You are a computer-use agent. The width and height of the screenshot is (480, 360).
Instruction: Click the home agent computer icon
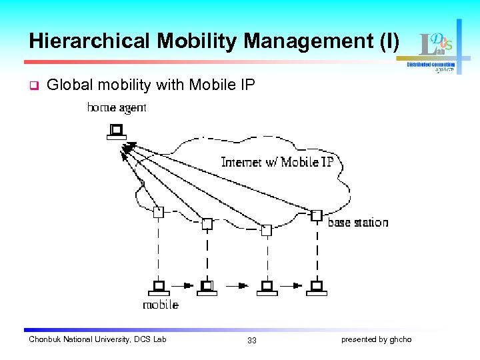[x=117, y=131]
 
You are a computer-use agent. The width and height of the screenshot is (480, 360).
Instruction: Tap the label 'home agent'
[x=117, y=107]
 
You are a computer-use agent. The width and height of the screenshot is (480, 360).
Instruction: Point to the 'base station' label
[x=357, y=222]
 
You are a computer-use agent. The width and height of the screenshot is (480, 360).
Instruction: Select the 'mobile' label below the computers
[x=161, y=305]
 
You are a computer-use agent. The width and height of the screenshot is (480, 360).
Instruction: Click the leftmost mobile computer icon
[x=158, y=287]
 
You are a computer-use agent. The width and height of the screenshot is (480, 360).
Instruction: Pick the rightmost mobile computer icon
[x=317, y=287]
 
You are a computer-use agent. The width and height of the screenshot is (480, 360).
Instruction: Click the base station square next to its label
[x=317, y=215]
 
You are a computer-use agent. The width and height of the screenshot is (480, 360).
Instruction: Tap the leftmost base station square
[x=158, y=212]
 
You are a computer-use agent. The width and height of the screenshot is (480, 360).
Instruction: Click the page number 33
[x=252, y=341]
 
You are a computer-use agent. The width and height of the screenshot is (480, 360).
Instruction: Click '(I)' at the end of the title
[x=389, y=41]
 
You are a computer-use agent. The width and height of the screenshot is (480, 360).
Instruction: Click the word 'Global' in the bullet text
[x=67, y=85]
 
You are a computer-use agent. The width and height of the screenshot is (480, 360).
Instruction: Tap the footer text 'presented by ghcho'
[x=376, y=340]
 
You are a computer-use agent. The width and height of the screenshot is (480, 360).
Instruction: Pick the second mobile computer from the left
[x=207, y=287]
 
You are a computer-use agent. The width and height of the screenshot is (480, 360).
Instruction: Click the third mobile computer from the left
[x=266, y=287]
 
